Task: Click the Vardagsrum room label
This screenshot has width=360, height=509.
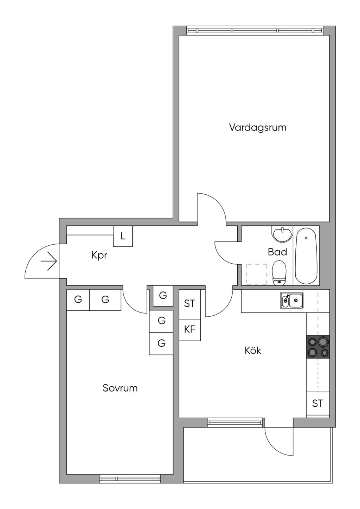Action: pyautogui.click(x=258, y=127)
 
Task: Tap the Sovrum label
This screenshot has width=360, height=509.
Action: pyautogui.click(x=120, y=388)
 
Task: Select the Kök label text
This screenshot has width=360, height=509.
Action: pyautogui.click(x=253, y=350)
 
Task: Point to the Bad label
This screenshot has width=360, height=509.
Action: pyautogui.click(x=277, y=252)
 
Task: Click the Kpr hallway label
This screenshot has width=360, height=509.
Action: pyautogui.click(x=99, y=255)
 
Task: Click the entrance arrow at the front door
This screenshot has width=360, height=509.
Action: pyautogui.click(x=49, y=262)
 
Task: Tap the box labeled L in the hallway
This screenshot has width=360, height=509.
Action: pyautogui.click(x=123, y=236)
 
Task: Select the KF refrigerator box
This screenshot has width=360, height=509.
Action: pyautogui.click(x=189, y=330)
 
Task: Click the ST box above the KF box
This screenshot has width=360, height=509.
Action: pyautogui.click(x=189, y=304)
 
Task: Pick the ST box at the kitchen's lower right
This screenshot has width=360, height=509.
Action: pyautogui.click(x=317, y=404)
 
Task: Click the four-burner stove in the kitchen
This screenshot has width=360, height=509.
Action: pyautogui.click(x=318, y=347)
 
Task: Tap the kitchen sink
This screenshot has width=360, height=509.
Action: pyautogui.click(x=292, y=301)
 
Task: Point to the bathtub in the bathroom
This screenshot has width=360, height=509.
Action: pyautogui.click(x=306, y=256)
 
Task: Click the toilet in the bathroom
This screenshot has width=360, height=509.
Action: pyautogui.click(x=279, y=273)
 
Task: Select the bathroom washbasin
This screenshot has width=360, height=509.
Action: pyautogui.click(x=282, y=234)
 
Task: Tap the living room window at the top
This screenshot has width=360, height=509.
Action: pyautogui.click(x=255, y=31)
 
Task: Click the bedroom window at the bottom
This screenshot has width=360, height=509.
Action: pyautogui.click(x=130, y=478)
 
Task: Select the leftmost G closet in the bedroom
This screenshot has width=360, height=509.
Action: pyautogui.click(x=78, y=300)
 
